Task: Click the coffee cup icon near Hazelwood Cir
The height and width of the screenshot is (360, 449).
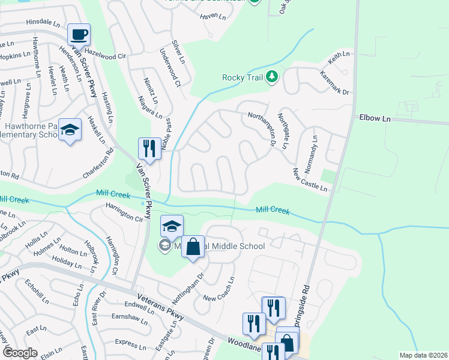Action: tap(79, 34)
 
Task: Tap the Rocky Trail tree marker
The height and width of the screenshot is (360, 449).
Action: tap(272, 77)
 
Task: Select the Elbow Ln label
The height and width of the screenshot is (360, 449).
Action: tap(375, 119)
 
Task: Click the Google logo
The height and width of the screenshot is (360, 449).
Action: tap(20, 352)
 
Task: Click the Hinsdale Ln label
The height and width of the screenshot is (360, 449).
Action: tap(43, 22)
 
